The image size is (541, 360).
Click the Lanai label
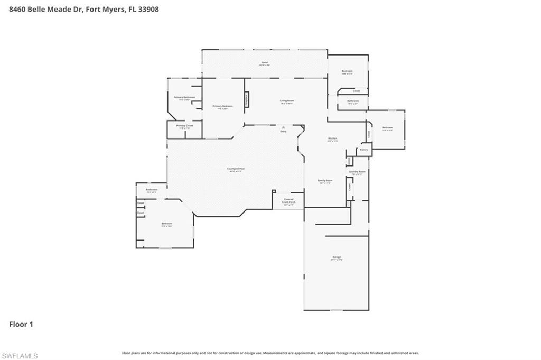pyautogui.click(x=265, y=62)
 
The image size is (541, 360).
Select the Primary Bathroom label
pyautogui.click(x=184, y=97)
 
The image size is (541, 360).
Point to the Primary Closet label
pyautogui.click(x=184, y=126)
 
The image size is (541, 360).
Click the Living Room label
pyautogui.click(x=287, y=100)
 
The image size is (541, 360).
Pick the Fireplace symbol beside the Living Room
pyautogui.click(x=246, y=99)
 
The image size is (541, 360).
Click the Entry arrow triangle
pyautogui.click(x=284, y=127)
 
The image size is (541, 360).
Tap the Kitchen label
pyautogui.click(x=332, y=139)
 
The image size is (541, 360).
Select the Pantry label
pyautogui.click(x=364, y=150)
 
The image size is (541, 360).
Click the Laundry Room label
pyautogui.click(x=357, y=172)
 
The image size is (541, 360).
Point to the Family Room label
pyautogui.click(x=324, y=181)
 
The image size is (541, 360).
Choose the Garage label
pyautogui.click(x=337, y=257)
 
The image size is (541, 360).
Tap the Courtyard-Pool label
pyautogui.click(x=236, y=169)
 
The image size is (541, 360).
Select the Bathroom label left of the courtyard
pyautogui.click(x=152, y=189)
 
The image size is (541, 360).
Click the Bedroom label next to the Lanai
pyautogui.click(x=347, y=71)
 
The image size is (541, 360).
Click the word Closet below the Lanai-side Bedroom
pyautogui.click(x=357, y=91)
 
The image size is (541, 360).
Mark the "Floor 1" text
pyautogui.click(x=21, y=324)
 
